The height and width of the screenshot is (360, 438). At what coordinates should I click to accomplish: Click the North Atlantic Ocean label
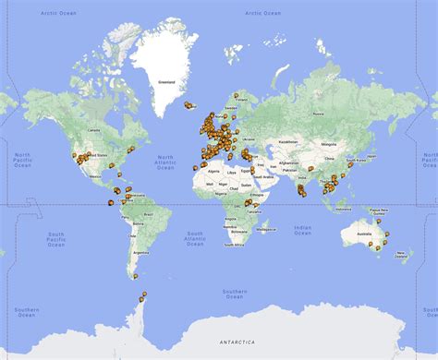click(x=165, y=162)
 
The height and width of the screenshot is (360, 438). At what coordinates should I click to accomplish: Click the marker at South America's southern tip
click(x=142, y=297)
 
